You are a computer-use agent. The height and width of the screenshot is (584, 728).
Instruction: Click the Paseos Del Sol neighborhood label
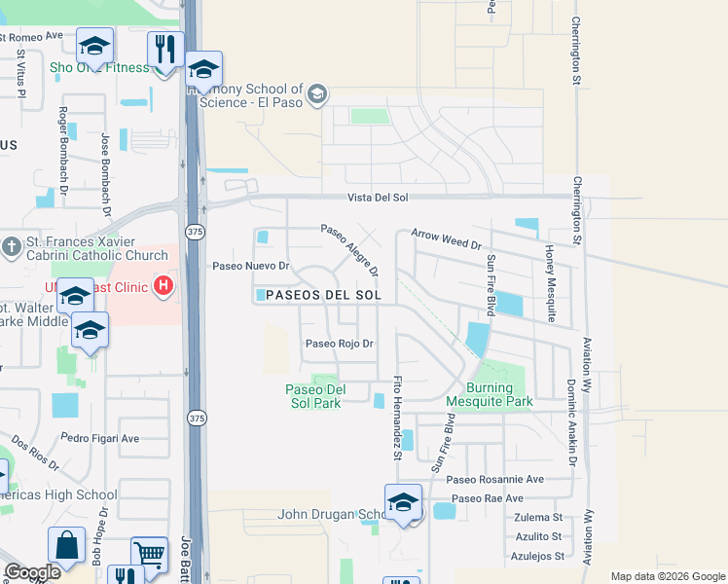coord(321,294)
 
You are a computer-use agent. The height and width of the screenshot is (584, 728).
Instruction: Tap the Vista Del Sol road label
coord(378,198)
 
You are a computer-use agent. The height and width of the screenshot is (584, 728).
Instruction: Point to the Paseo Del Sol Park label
coord(314,396)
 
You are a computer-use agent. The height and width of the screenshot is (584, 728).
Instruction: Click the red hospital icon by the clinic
coord(164,286)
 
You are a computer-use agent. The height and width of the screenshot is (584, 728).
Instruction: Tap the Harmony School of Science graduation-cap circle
coord(316,94)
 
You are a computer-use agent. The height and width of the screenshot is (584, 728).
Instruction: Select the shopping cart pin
coord(149,554)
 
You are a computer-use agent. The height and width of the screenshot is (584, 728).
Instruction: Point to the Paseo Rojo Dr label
coord(340,343)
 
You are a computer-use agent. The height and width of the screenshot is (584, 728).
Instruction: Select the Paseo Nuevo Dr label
coord(252,266)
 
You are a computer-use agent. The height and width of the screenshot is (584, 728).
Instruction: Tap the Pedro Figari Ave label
coord(101,438)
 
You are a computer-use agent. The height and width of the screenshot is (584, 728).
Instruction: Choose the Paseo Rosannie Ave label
coord(508,479)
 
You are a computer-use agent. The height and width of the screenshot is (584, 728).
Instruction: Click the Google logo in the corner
coord(32,571)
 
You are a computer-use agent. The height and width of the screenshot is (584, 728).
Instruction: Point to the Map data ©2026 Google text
coord(667,576)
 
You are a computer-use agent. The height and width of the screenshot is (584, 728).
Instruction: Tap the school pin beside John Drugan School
coord(403,502)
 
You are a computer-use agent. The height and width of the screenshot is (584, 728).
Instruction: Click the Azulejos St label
coord(539,556)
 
